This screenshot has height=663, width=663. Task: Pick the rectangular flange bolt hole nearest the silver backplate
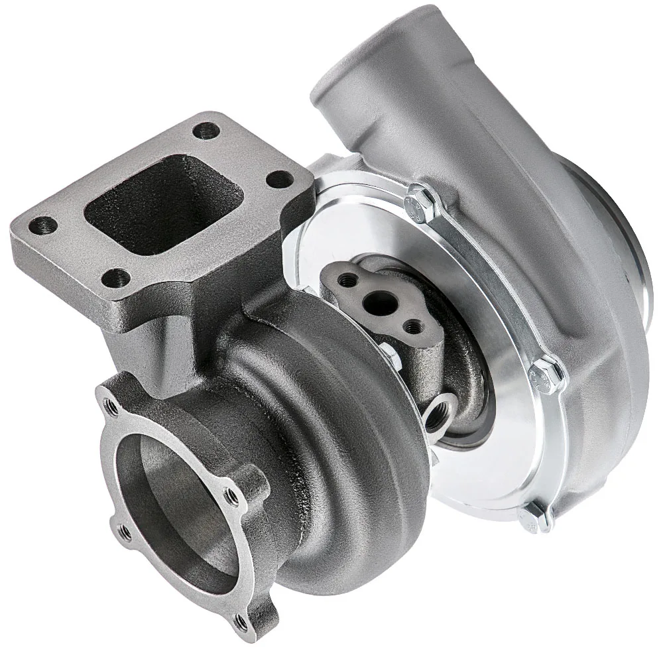pyautogui.click(x=279, y=178)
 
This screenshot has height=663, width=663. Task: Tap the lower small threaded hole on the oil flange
pyautogui.click(x=414, y=326)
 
